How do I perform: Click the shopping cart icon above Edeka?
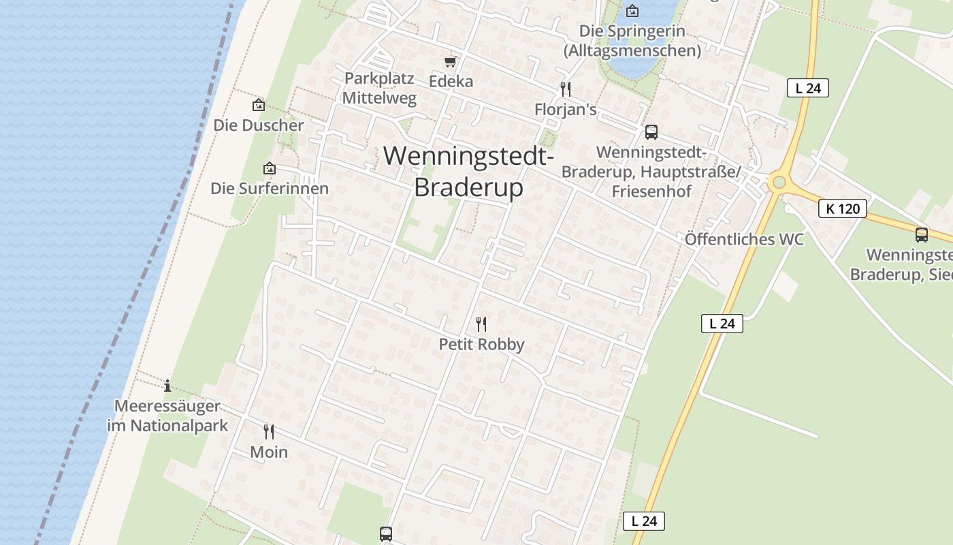point(450,62)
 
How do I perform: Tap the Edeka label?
point(451,81)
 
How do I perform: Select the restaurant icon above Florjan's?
point(565,89)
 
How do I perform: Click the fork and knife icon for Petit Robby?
point(481,324)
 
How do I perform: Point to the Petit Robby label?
point(481,344)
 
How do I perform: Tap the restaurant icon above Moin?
point(269,431)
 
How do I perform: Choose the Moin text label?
point(269,452)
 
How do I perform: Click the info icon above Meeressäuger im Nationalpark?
point(167,386)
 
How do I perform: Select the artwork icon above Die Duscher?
point(258,105)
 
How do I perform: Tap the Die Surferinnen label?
point(270,188)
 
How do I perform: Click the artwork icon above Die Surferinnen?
point(270,168)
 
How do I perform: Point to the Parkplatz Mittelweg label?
point(379,88)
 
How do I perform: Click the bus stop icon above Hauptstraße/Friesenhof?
point(651,131)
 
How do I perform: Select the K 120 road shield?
point(843,208)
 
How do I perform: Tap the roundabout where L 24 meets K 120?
point(779,183)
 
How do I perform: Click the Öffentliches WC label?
point(744,239)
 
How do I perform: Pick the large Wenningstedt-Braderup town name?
point(468,171)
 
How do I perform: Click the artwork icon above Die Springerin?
point(632,10)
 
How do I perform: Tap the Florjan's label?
point(566,109)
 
